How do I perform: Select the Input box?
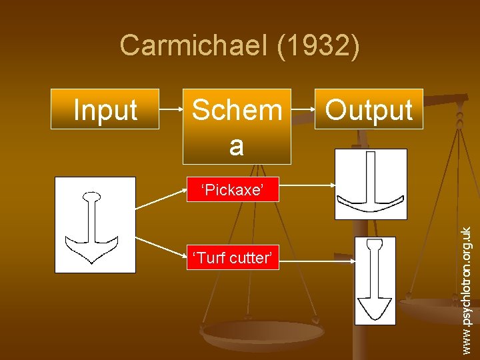105,109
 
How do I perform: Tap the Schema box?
237,126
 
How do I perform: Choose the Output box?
369,109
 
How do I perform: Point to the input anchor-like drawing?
95,225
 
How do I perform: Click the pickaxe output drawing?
370,184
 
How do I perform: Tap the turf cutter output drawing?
375,281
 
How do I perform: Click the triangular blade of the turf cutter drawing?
374,308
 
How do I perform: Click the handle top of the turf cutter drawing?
375,244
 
